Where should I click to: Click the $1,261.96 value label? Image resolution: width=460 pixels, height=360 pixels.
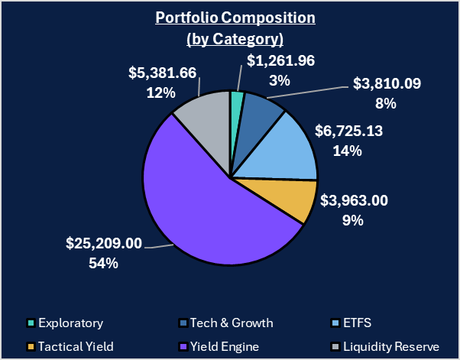click(x=281, y=61)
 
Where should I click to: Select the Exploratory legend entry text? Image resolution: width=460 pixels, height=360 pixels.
click(x=71, y=323)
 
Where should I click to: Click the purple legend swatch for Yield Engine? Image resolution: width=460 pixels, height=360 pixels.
click(x=182, y=346)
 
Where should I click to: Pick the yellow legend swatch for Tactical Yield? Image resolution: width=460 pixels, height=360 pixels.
click(x=31, y=346)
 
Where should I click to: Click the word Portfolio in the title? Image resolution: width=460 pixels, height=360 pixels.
click(x=189, y=18)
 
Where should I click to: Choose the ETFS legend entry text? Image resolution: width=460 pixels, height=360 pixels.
click(x=358, y=323)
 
